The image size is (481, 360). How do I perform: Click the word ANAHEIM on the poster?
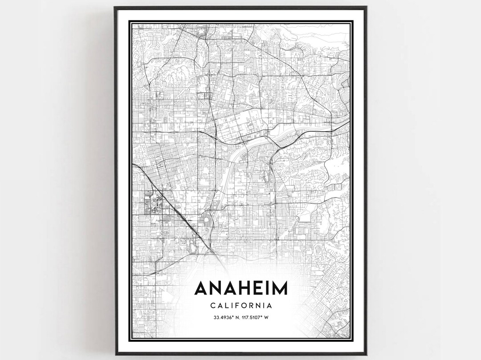(240, 288)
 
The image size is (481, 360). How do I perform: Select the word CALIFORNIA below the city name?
(240, 306)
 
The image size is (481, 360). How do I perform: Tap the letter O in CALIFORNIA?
(245, 306)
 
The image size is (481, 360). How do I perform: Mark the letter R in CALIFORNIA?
(252, 306)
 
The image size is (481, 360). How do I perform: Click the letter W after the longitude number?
(269, 317)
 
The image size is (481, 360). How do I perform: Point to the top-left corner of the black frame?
(114, 7)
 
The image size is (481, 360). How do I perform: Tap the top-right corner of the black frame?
(367, 7)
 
